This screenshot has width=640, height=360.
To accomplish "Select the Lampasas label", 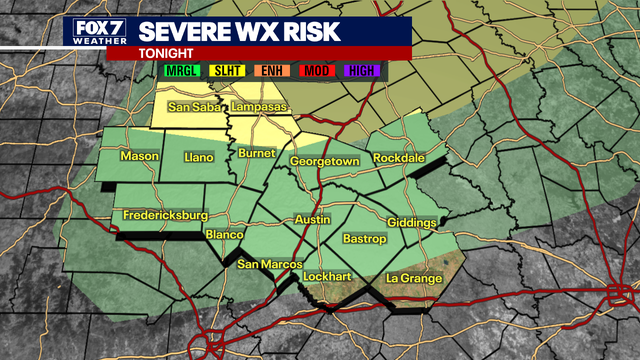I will pos(258,108).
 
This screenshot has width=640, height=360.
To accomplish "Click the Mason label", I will pos(140,157).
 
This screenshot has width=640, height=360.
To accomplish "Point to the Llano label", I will pos(200,158).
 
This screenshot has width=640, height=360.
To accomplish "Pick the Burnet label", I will pos(257,153).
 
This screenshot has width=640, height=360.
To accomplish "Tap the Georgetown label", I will pos(324,161).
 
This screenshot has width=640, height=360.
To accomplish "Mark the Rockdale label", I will pos(399,159).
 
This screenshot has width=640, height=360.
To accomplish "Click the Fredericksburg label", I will pos(165,215).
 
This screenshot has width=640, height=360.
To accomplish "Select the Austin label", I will pos(313,219).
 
